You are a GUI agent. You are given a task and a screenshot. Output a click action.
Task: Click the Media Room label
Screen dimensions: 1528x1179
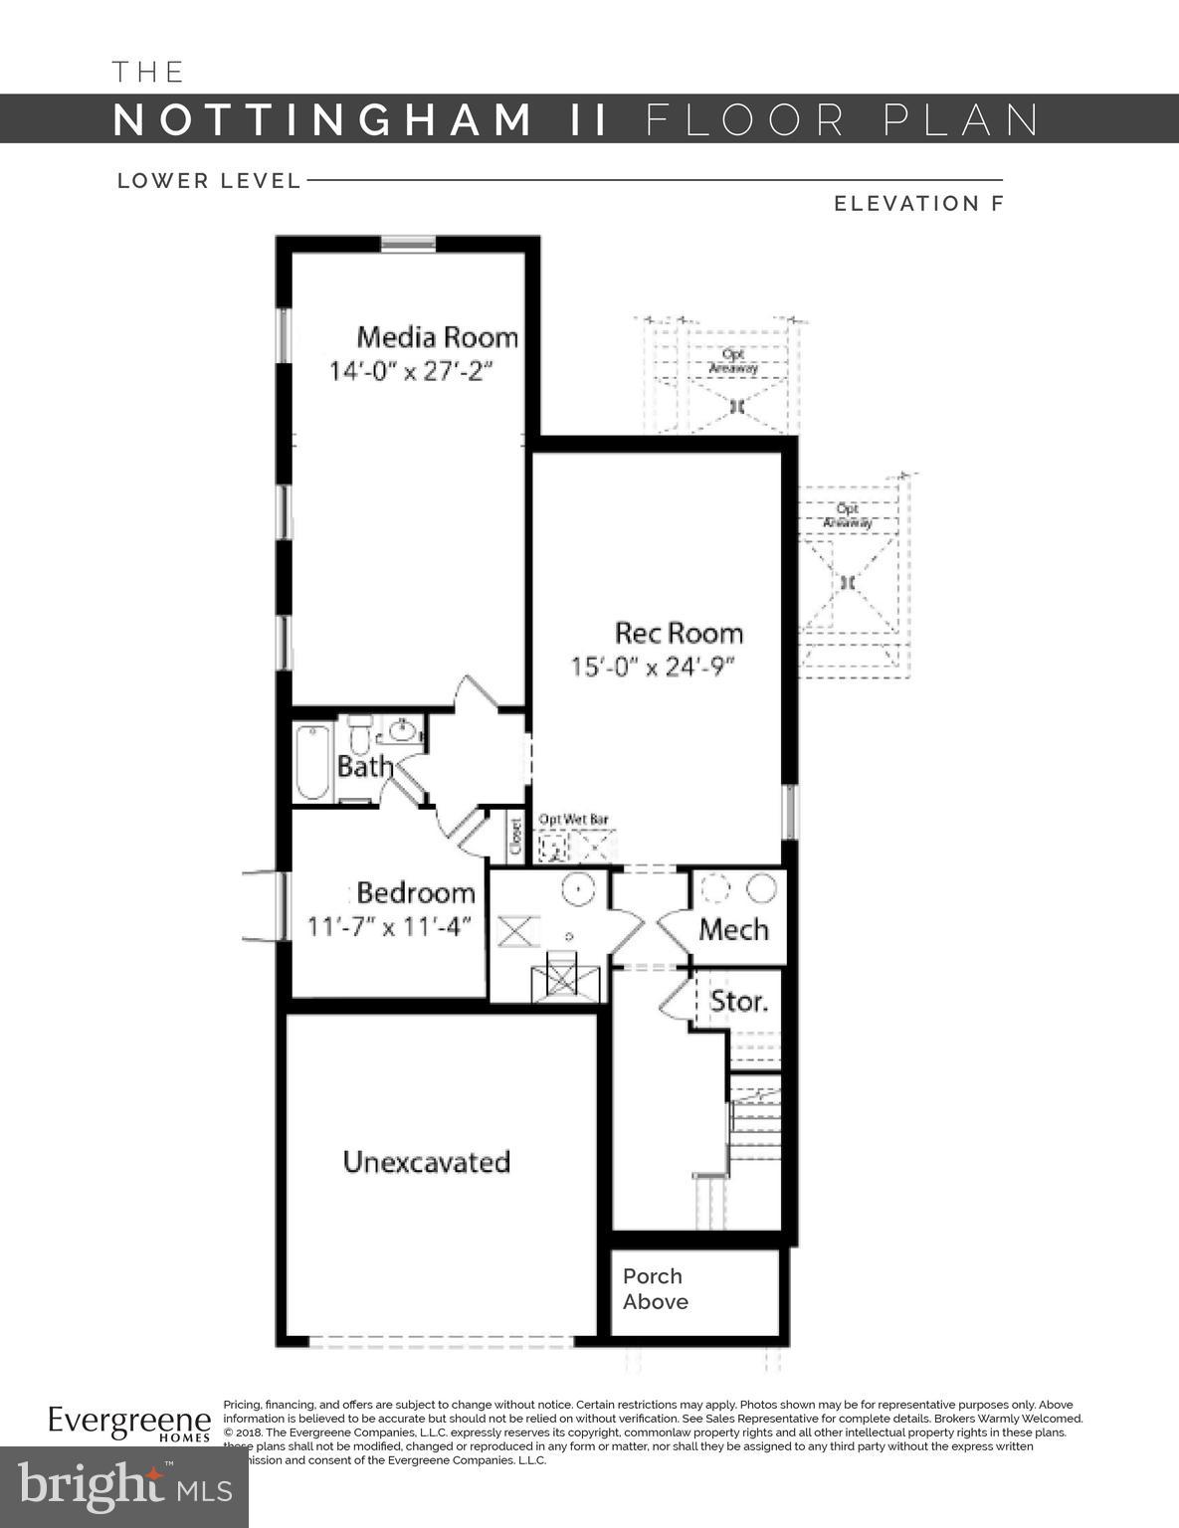[x=438, y=337]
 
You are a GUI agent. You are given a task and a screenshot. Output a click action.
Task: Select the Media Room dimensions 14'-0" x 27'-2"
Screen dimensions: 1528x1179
[x=411, y=372]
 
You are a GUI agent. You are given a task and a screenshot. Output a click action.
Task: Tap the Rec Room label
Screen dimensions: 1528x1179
[x=679, y=633]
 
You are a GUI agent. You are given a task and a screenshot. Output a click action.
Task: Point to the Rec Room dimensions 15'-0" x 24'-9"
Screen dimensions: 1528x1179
[x=653, y=667]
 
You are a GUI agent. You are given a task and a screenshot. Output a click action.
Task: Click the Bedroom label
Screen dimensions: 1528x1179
[x=416, y=891]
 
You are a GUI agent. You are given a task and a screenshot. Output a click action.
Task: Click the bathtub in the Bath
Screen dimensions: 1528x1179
[x=312, y=762]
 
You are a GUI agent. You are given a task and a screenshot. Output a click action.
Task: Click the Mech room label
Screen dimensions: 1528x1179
[x=733, y=930]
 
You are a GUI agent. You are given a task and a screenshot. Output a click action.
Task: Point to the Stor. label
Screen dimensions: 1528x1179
[x=738, y=1001]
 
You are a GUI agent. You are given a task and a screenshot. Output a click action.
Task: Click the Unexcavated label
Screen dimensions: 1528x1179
[x=427, y=1162]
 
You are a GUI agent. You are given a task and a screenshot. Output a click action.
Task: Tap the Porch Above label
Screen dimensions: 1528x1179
[x=655, y=1289]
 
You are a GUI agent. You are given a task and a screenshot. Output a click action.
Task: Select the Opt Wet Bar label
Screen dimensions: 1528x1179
[x=573, y=820]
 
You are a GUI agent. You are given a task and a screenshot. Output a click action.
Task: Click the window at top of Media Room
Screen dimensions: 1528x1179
[x=409, y=244]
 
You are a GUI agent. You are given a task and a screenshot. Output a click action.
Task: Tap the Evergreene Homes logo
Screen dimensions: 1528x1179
[x=129, y=1423]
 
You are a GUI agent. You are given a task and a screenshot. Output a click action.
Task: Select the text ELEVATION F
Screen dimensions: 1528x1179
[x=918, y=204]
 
